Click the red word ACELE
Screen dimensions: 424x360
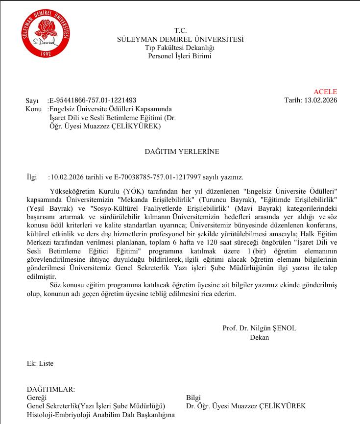pos(325,92)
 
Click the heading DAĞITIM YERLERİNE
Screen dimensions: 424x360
pos(182,151)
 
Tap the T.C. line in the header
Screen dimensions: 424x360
pos(180,31)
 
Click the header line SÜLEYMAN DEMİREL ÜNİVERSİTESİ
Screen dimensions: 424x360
pos(180,39)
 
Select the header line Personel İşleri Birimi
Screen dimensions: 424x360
pos(180,56)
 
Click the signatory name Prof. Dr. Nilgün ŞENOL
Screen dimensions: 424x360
pos(259,328)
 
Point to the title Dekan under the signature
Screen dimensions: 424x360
pos(259,337)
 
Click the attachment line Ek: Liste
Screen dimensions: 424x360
pos(40,363)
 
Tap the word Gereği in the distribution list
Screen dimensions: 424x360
pos(36,398)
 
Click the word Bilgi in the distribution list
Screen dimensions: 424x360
pos(193,398)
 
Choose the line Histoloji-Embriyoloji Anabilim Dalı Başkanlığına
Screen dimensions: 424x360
pos(100,415)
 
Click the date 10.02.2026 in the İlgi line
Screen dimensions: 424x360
pos(67,177)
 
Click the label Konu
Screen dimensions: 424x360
pos(34,109)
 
